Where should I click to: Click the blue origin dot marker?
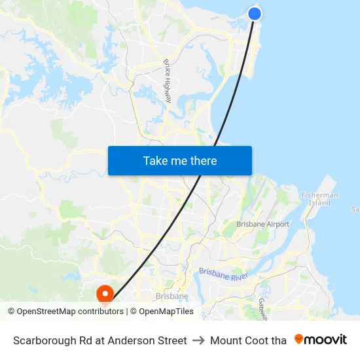coord(255,13)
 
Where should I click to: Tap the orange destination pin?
coord(105,294)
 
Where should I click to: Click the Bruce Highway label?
coord(168,81)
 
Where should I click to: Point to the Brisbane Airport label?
coord(262,225)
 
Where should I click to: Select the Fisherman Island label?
coord(319,199)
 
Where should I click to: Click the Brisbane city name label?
coord(171,296)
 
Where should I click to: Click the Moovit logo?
coord(321,340)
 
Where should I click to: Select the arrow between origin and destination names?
coord(198,340)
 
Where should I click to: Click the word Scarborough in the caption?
coord(43,340)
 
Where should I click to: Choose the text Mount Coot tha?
coord(248,340)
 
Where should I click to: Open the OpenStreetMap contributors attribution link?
coord(70,312)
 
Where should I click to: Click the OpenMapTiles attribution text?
coord(166,312)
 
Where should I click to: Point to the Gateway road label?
coord(262,308)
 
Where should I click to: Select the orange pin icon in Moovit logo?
coord(299,339)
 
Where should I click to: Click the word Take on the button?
coord(155,160)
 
